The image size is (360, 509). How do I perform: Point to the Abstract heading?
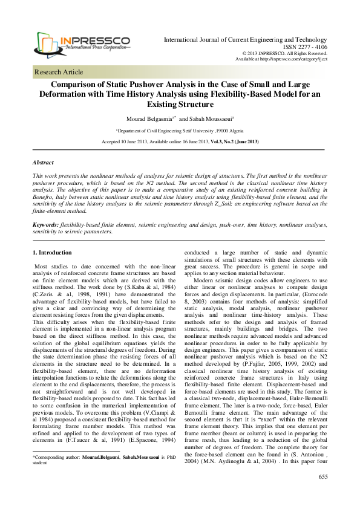click(42, 163)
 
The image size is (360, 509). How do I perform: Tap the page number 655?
click(322, 494)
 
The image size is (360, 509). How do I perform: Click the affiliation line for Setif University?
click(180, 130)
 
